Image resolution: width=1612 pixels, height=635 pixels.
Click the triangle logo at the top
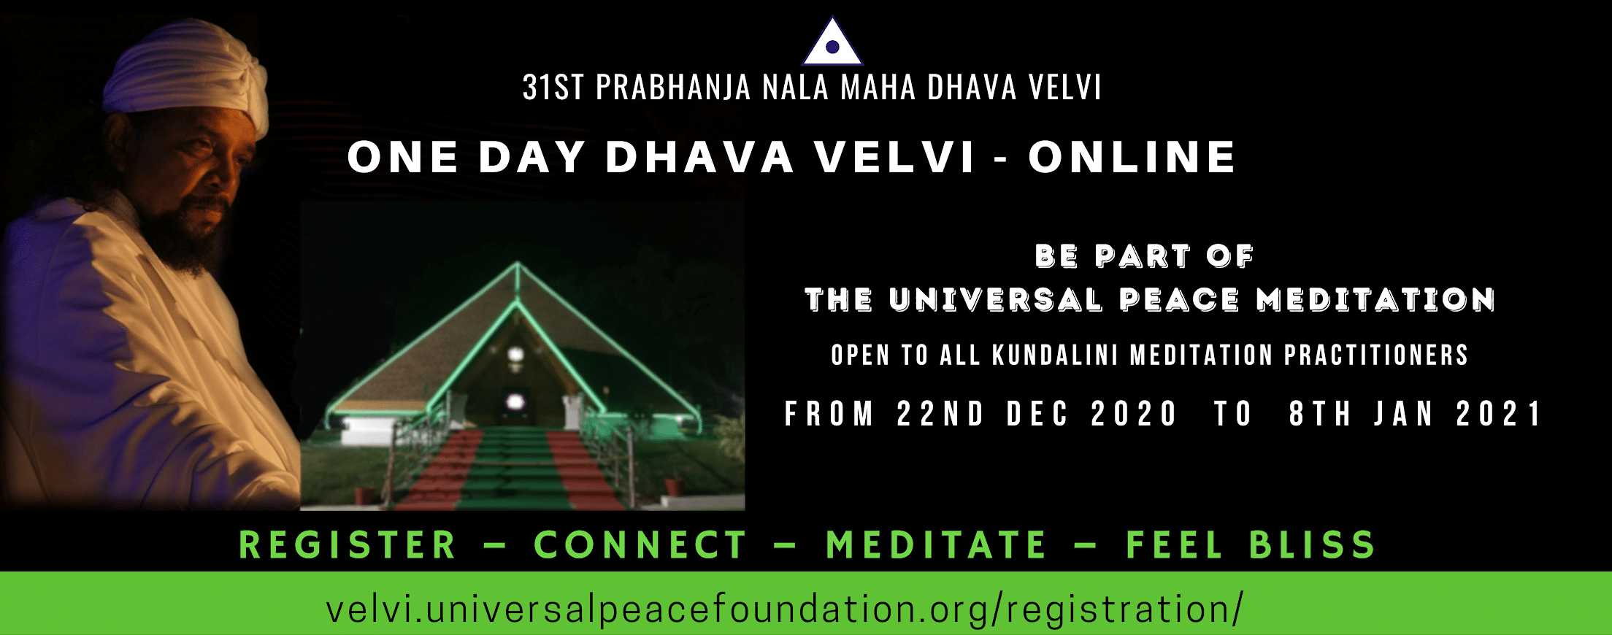pyautogui.click(x=833, y=42)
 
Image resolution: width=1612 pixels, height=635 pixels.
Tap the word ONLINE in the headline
pyautogui.click(x=1132, y=157)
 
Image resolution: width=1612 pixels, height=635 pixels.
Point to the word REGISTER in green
pyautogui.click(x=348, y=545)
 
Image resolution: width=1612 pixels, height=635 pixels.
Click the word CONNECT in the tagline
pyautogui.click(x=640, y=545)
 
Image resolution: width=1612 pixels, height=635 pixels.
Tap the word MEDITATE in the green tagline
pyautogui.click(x=937, y=545)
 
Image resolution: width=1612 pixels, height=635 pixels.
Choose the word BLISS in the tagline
pyautogui.click(x=1312, y=545)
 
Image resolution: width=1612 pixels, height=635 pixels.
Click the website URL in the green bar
pyautogui.click(x=784, y=609)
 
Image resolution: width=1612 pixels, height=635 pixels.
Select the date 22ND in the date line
pyautogui.click(x=940, y=414)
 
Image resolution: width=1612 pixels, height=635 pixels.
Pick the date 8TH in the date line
pyautogui.click(x=1320, y=414)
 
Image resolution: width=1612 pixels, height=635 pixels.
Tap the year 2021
pyautogui.click(x=1499, y=414)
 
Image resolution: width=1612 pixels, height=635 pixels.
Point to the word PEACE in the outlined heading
pyautogui.click(x=1179, y=299)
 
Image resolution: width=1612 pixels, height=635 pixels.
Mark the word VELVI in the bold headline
pyautogui.click(x=895, y=157)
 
